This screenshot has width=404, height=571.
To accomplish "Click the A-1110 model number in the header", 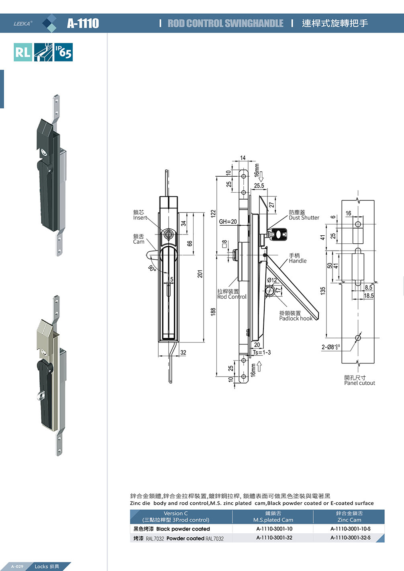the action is pyautogui.click(x=83, y=23).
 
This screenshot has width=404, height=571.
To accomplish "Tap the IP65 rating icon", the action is pyautogui.click(x=63, y=52).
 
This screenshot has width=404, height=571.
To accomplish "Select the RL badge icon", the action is pyautogui.click(x=23, y=52).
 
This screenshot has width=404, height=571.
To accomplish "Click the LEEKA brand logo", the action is pyautogui.click(x=23, y=24).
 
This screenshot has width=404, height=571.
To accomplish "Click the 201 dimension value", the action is pyautogui.click(x=200, y=274).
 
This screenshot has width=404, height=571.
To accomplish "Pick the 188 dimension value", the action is pyautogui.click(x=213, y=312).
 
